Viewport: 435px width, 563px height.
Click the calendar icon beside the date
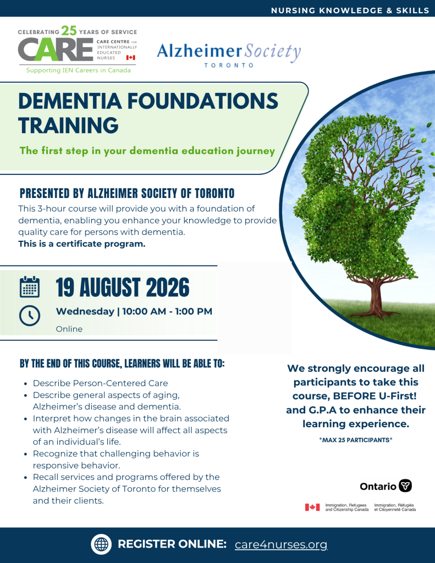pos(30,286)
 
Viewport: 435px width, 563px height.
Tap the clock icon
pos(30,316)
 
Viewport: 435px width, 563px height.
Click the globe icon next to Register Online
pos(101,544)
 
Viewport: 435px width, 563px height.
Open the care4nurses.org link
pos(281,545)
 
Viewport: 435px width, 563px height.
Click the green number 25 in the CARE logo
pos(69,31)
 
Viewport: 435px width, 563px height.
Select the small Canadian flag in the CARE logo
pos(131,57)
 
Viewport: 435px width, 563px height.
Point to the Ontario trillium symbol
pos(405,485)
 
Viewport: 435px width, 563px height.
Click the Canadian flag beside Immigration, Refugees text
pos(312,507)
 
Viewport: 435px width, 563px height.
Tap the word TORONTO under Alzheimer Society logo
pos(229,65)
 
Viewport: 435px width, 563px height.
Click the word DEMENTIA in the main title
pos(70,101)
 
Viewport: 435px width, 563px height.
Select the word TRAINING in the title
pos(68,125)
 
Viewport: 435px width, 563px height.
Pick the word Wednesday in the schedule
pos(85,311)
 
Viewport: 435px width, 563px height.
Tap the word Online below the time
pos(69,329)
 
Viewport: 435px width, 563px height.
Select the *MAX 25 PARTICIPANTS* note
pos(356,440)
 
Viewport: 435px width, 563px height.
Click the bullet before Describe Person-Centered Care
pos(25,384)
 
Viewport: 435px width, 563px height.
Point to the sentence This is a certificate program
pos(82,244)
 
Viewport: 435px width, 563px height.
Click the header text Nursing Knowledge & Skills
pos(350,10)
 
